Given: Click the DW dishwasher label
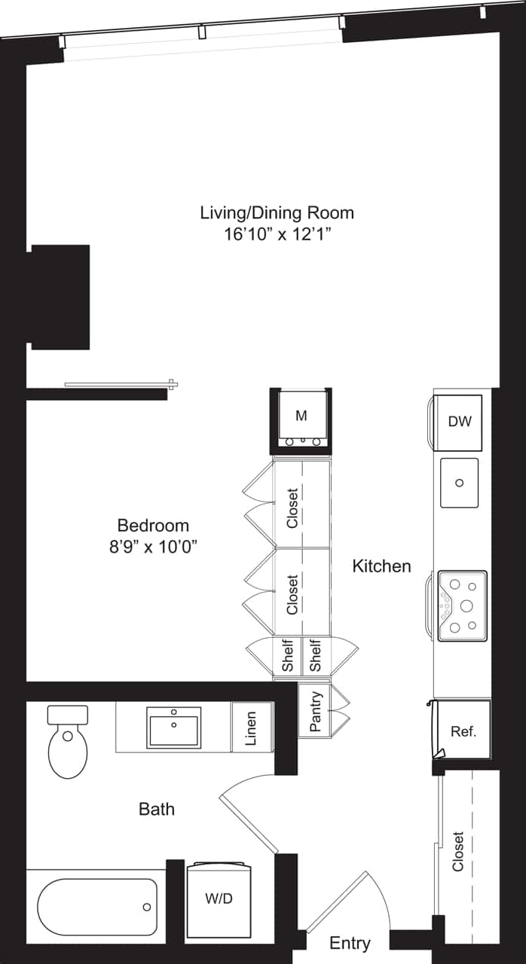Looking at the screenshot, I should (x=459, y=421).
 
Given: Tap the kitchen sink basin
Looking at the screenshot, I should (x=459, y=483).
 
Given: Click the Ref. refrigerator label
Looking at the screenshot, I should (x=463, y=731).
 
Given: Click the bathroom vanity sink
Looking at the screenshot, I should (x=174, y=727).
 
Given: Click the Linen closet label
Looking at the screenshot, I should (x=251, y=728).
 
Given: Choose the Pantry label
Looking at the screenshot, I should (x=316, y=711).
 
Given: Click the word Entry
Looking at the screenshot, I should (x=350, y=943).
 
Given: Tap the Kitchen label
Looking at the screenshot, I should (x=382, y=566).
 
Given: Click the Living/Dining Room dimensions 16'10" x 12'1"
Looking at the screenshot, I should (x=277, y=234).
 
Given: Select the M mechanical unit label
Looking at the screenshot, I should (x=301, y=416).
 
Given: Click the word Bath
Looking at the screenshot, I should (x=157, y=810).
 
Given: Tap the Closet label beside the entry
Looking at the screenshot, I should (x=458, y=851).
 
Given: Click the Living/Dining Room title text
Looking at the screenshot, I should (x=277, y=212).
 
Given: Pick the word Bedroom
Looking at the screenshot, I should (x=153, y=525).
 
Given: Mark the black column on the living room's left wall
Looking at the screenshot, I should (x=60, y=297).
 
